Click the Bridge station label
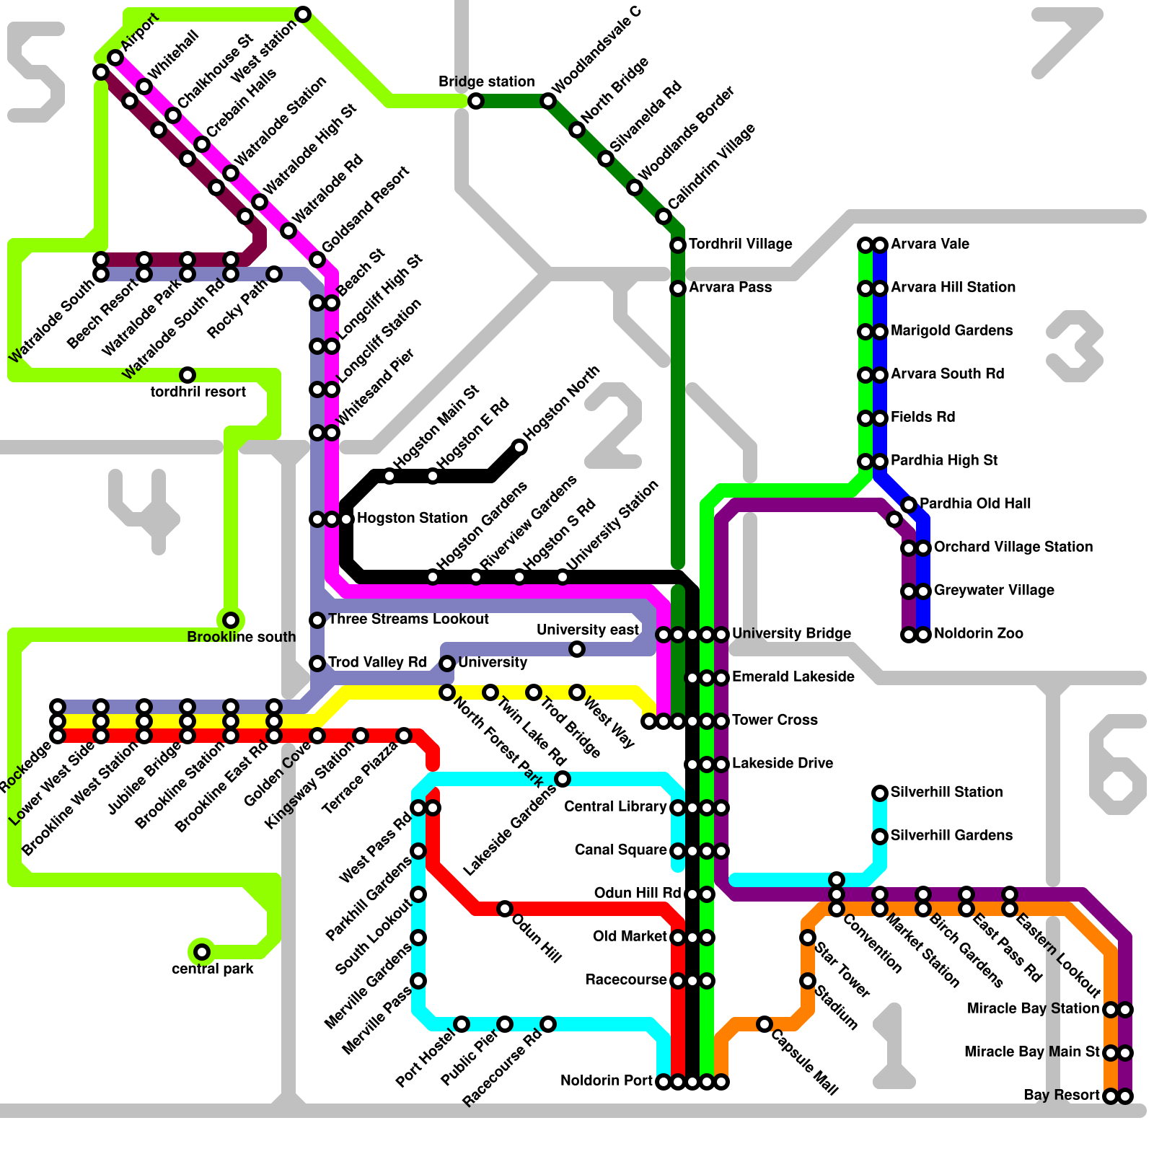(x=486, y=82)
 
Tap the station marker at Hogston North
(x=519, y=447)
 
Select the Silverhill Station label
(x=946, y=792)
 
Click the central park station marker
(x=202, y=952)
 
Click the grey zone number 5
(x=36, y=72)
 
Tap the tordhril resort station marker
(x=188, y=375)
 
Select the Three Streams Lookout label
(x=408, y=619)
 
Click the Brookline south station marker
(x=231, y=620)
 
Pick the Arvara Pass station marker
(x=678, y=288)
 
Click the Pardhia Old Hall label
(x=975, y=503)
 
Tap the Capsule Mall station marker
(x=765, y=1024)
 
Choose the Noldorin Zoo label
(x=978, y=633)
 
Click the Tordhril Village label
(x=740, y=244)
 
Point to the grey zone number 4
(x=144, y=508)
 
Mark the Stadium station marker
(x=808, y=981)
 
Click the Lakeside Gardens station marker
(x=563, y=779)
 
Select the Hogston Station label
(x=412, y=518)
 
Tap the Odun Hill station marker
(x=505, y=909)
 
